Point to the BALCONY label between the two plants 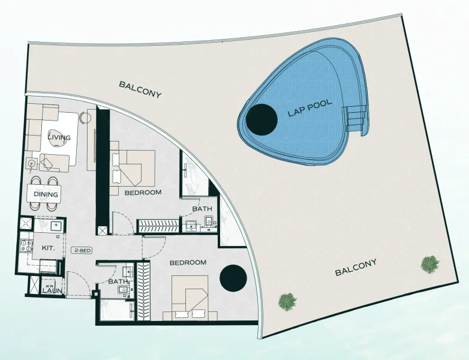356,267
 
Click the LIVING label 59,137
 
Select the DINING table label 46,194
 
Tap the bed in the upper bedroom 135,167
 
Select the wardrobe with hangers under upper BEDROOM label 158,226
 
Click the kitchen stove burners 26,247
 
